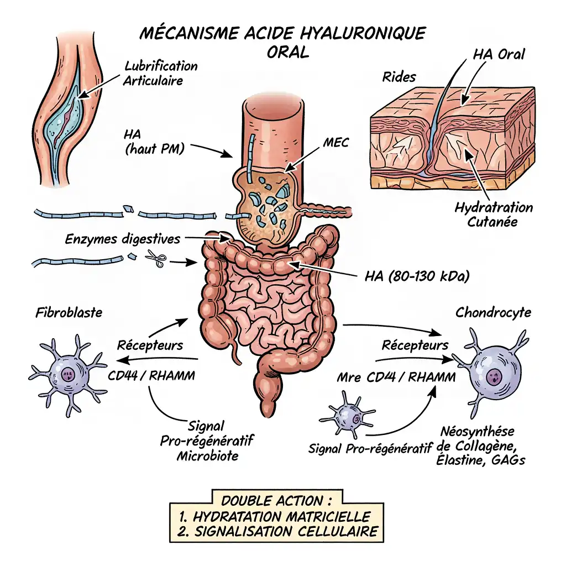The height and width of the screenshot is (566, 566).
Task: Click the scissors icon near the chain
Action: pos(156,259)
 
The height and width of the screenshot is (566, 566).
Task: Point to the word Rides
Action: pos(399,77)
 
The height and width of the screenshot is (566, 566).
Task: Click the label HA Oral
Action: pos(499,54)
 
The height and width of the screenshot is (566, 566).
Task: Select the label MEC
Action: pos(336,143)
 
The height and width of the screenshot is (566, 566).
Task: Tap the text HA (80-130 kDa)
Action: pos(417,276)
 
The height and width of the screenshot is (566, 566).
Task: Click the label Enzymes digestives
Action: pos(123,239)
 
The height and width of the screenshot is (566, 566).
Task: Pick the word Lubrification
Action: pos(161,66)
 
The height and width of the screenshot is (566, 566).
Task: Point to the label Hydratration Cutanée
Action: pos(494,214)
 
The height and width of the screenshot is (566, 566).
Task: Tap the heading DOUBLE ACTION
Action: pos(277,501)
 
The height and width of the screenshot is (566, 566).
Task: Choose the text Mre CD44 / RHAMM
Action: pos(396,378)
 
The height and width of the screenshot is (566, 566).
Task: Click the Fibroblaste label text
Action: pos(69,312)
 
